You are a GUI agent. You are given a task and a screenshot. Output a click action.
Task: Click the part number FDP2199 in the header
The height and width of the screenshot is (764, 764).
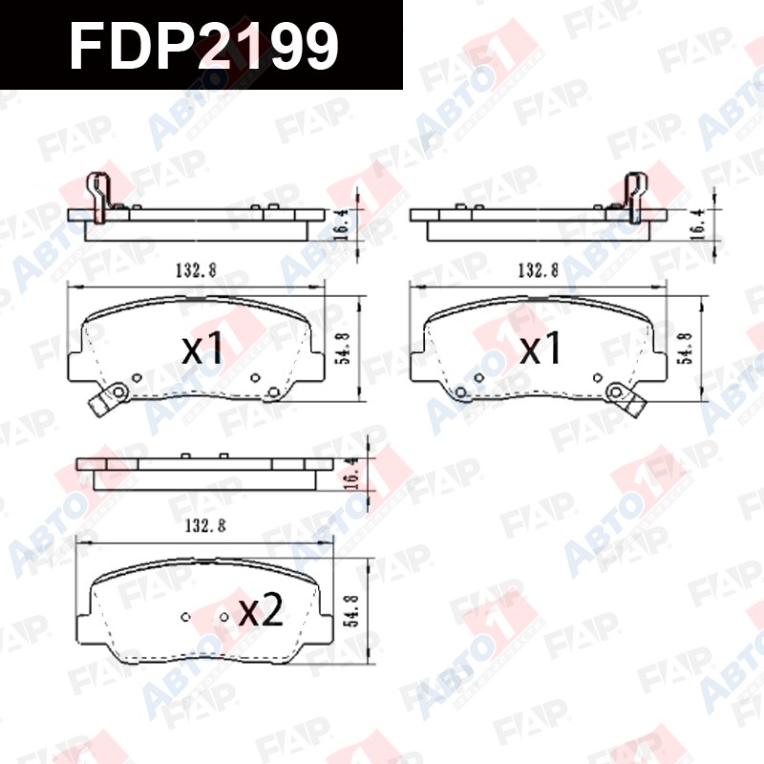pyautogui.click(x=203, y=46)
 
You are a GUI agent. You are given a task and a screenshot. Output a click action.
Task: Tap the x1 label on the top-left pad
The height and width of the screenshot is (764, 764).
pyautogui.click(x=202, y=348)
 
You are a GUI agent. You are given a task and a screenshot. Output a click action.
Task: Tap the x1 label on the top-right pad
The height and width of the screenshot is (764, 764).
pyautogui.click(x=541, y=348)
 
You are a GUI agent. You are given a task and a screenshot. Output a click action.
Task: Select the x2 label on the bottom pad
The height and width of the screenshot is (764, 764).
pyautogui.click(x=261, y=609)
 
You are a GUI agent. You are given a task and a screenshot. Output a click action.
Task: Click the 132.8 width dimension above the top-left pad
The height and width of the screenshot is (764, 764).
pyautogui.click(x=197, y=270)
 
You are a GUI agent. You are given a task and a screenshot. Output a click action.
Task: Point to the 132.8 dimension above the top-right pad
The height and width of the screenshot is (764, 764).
pyautogui.click(x=538, y=270)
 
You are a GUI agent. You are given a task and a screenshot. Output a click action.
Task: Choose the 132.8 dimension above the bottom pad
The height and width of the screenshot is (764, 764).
pyautogui.click(x=205, y=526)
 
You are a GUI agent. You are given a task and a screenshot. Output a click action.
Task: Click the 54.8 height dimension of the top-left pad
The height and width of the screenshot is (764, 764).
pyautogui.click(x=345, y=349)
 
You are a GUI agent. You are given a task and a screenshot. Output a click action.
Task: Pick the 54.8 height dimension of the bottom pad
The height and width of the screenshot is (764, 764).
pyautogui.click(x=353, y=611)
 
